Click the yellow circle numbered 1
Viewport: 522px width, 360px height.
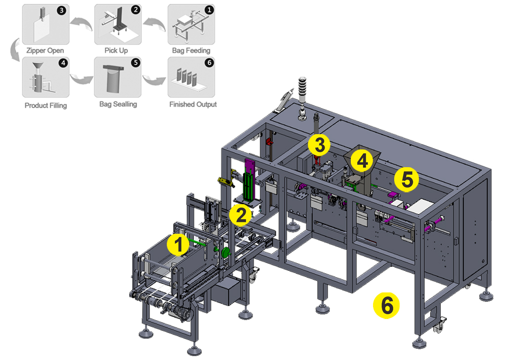tap(179, 245)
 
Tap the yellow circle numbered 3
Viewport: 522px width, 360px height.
tap(319, 145)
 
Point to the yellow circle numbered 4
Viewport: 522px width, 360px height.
tap(362, 160)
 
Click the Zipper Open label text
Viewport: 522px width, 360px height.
tap(45, 50)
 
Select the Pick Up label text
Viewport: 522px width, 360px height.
tap(116, 50)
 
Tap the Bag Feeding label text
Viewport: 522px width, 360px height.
tap(191, 50)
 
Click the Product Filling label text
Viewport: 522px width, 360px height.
tap(45, 105)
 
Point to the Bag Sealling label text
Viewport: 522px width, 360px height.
tap(118, 105)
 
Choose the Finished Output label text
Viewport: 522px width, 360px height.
tap(192, 105)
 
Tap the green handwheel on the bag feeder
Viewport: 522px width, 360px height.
tap(226, 253)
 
